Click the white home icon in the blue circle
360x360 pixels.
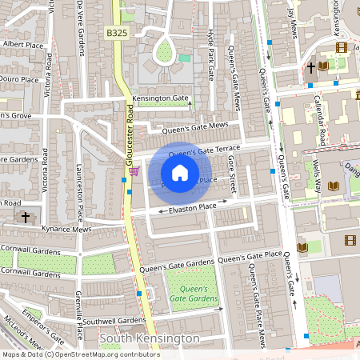180,172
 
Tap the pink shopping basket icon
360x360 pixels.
134,170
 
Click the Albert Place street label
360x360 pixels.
22,45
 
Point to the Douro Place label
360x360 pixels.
19,80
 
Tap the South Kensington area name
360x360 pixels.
149,338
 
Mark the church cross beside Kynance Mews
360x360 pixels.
26,217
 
